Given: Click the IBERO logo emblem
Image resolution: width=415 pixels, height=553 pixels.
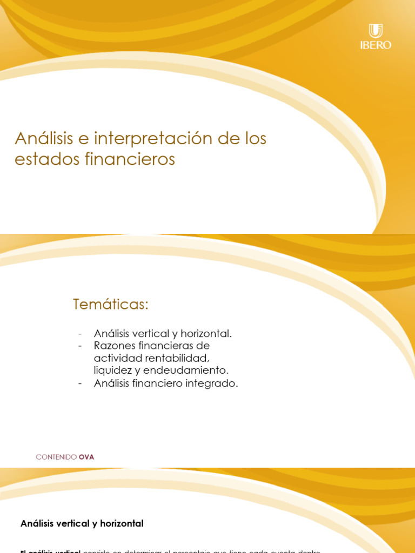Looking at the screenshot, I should coord(376,31).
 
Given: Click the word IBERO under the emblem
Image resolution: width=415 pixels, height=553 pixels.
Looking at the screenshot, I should coord(376,45).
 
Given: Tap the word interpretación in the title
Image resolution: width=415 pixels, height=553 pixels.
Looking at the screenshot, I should coord(153,138).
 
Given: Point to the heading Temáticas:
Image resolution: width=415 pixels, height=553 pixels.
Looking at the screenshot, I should coord(110,305).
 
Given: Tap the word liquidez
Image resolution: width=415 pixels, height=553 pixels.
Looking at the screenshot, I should coord(112,370).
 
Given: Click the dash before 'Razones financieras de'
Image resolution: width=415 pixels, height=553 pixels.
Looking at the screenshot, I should coord(80,346).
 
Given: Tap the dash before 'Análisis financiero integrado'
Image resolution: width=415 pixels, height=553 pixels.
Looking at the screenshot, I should coord(80,383).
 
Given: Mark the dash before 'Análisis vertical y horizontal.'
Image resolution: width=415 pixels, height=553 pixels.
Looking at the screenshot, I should coord(80,334).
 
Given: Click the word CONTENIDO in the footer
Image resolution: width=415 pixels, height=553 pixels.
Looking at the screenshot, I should coord(56,457).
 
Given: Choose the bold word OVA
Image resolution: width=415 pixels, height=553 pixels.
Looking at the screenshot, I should coord(86,457).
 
